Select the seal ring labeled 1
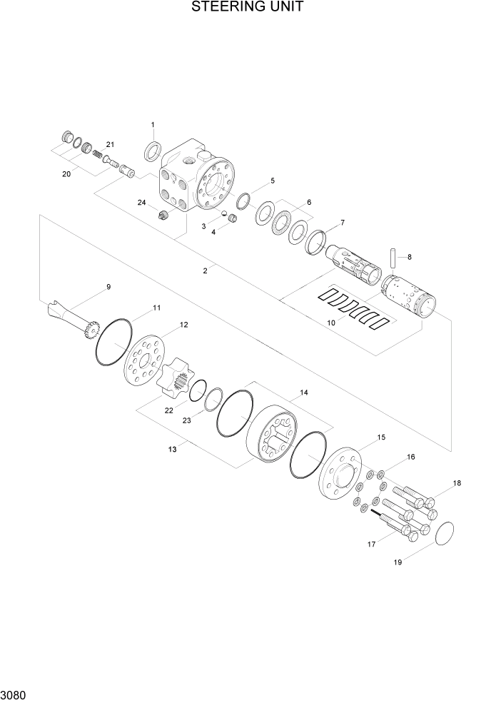pyautogui.click(x=153, y=152)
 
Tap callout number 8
pyautogui.click(x=409, y=256)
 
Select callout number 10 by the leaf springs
pyautogui.click(x=330, y=323)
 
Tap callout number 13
pyautogui.click(x=172, y=448)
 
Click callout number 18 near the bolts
pyautogui.click(x=457, y=483)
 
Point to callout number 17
pyautogui.click(x=371, y=545)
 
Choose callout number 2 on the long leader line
pyautogui.click(x=205, y=270)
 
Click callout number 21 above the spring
pyautogui.click(x=110, y=145)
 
